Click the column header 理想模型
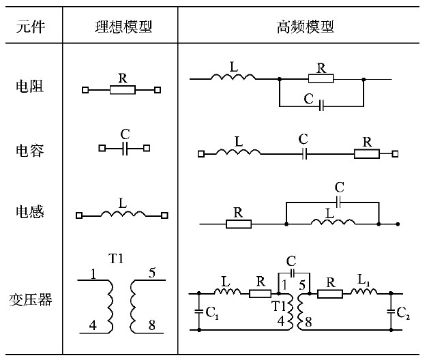coord(122,27)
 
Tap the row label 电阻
coord(30,87)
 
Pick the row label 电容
coord(30,149)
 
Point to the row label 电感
coord(30,212)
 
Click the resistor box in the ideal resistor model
coord(123,89)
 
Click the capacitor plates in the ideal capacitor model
coord(124,147)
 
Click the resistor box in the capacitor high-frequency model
coord(367,154)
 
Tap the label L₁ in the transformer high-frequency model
coord(366,280)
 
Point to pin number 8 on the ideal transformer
coord(151,326)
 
